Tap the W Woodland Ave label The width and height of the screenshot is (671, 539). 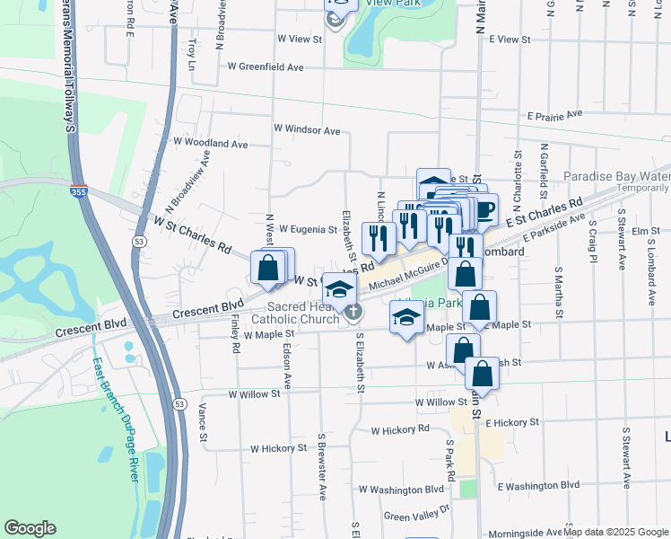[x=210, y=143]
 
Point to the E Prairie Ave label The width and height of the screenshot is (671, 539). [x=554, y=115]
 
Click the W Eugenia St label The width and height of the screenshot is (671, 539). [x=307, y=230]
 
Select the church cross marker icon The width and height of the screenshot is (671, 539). [x=354, y=312]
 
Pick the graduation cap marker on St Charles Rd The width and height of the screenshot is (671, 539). [x=339, y=289]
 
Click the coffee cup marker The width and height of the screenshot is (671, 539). [x=484, y=210]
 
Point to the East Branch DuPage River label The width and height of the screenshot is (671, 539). [x=115, y=420]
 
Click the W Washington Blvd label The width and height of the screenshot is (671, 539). [x=401, y=490]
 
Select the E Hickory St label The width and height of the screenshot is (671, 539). [x=511, y=421]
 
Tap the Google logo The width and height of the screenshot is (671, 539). [x=30, y=528]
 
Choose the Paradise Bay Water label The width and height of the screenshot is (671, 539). [x=616, y=177]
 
